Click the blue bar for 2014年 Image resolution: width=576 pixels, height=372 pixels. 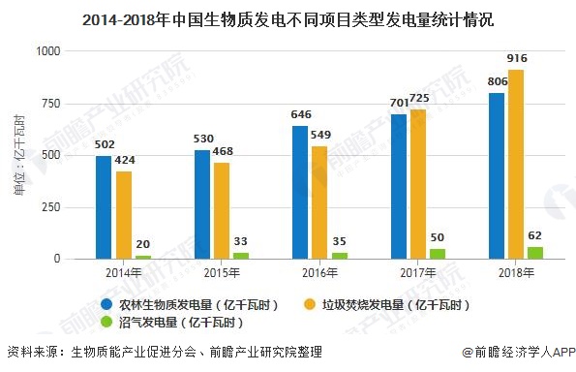coord(104,207)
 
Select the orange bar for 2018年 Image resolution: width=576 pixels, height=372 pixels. coord(517,165)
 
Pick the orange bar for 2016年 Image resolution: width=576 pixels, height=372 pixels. coord(320,202)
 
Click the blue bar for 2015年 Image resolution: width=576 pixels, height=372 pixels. coord(202,204)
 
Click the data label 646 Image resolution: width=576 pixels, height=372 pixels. coord(300,114)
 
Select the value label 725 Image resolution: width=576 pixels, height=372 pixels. coord(421,99)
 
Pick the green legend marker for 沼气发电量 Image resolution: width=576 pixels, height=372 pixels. coord(108,323)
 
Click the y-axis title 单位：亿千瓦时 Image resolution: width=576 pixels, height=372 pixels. coord(19,155)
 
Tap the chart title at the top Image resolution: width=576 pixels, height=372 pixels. coord(288,17)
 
